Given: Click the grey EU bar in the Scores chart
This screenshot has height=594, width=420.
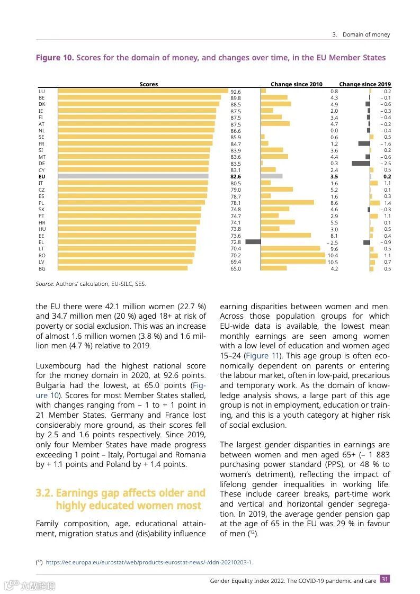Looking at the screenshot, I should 133,176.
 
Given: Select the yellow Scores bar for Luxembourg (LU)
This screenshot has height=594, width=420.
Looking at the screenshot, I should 142,91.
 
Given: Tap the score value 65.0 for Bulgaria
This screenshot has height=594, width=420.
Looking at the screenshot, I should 235,269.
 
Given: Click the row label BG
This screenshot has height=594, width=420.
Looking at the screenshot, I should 42,269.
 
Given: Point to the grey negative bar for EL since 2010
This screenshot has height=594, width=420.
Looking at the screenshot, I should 253,242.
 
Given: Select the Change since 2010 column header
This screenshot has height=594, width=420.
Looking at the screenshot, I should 297,84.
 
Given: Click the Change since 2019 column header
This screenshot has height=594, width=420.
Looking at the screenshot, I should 365,84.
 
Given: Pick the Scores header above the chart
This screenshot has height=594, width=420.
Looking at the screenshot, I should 149,84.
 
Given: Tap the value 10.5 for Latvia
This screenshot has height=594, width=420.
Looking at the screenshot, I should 333,262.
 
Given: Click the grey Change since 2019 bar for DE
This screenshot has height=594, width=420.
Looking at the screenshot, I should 361,163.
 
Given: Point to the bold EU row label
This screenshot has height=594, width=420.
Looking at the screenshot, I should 42,176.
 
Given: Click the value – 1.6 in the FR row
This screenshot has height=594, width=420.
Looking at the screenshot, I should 385,144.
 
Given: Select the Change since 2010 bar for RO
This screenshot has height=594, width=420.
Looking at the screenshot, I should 293,255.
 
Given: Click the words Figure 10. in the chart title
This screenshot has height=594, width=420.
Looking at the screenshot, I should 55,58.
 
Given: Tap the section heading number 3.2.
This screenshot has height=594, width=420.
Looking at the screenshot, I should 44,493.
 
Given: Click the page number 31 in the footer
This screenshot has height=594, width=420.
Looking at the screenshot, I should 385,579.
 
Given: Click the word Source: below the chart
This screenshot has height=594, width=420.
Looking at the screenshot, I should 44,284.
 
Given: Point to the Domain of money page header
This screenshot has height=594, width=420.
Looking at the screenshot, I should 366,34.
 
